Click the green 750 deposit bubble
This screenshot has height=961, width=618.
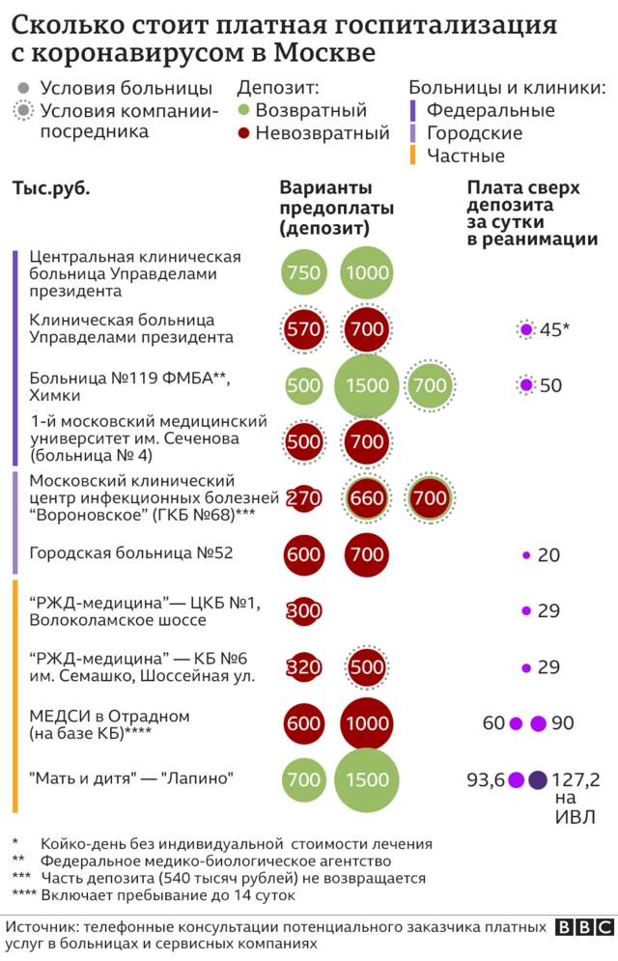[x=303, y=272]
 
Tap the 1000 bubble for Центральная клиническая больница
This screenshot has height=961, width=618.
[x=367, y=272]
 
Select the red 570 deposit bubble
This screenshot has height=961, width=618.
[x=303, y=329]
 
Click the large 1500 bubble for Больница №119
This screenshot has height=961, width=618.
[x=367, y=386]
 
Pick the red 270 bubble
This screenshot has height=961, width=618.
[x=303, y=499]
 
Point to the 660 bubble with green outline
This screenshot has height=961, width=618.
[x=367, y=499]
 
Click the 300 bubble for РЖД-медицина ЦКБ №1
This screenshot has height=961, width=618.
[x=303, y=610]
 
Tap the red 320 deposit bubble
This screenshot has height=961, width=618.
[x=303, y=667]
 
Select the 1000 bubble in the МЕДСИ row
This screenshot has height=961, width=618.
[x=367, y=723]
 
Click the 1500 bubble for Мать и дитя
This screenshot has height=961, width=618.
[x=367, y=780]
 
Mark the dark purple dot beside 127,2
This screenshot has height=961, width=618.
[x=539, y=780]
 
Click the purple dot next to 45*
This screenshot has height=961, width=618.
[x=526, y=329]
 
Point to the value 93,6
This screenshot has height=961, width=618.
[x=486, y=780]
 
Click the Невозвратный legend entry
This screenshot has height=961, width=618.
[x=313, y=133]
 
